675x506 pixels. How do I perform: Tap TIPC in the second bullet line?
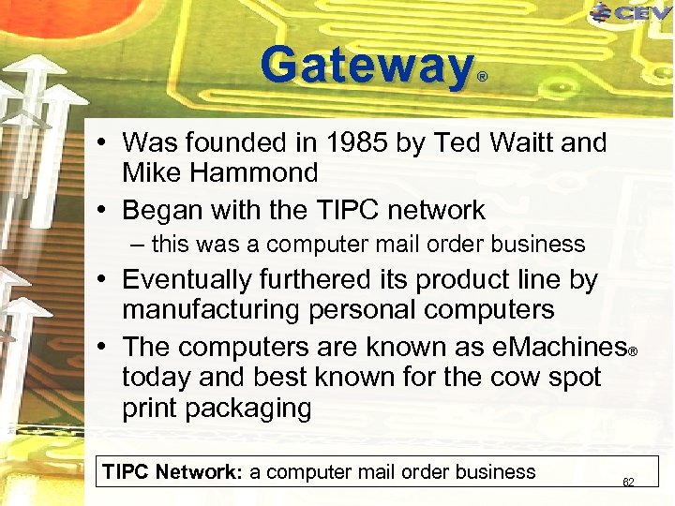coord(323,210)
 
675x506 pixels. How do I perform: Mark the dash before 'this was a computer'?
coord(139,245)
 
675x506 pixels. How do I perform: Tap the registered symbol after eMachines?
coord(633,352)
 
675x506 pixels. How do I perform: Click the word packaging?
coord(249,409)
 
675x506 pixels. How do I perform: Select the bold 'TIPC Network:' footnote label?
coord(172,472)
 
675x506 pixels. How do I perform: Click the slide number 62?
coord(628,483)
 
